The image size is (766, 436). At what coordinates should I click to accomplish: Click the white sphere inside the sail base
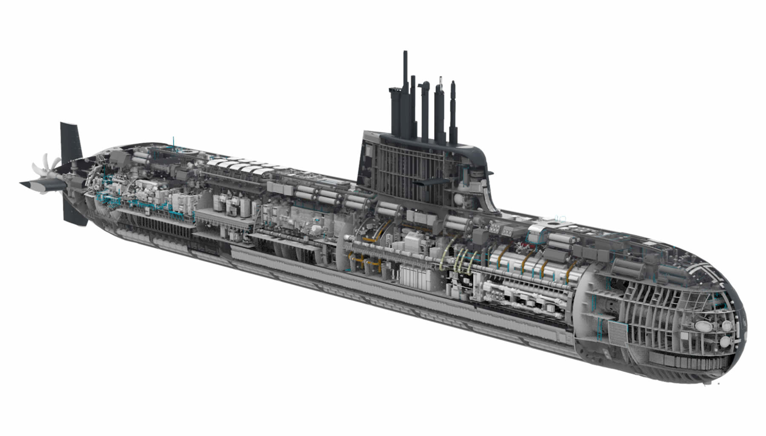click(457, 198)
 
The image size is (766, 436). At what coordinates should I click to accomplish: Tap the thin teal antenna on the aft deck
click(174, 145)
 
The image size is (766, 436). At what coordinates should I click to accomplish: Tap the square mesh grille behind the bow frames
click(617, 330)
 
